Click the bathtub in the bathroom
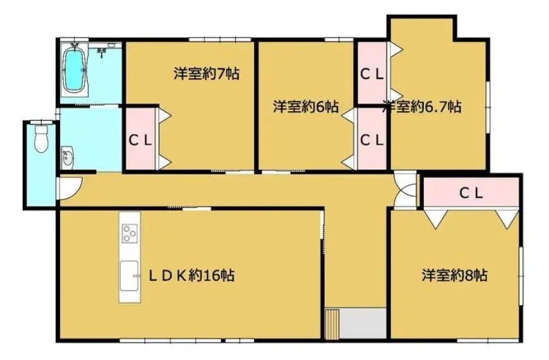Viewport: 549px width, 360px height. pyautogui.click(x=74, y=70)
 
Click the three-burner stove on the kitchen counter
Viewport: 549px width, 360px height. pyautogui.click(x=130, y=233)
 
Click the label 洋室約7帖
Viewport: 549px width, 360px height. pyautogui.click(x=207, y=74)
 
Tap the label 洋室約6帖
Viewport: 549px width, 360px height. pyautogui.click(x=306, y=107)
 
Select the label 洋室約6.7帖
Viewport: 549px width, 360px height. pyautogui.click(x=421, y=106)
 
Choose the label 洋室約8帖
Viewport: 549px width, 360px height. pyautogui.click(x=454, y=275)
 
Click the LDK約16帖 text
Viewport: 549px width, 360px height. pyautogui.click(x=191, y=275)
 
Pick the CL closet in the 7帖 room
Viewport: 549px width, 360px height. pyautogui.click(x=141, y=139)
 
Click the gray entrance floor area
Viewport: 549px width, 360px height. pyautogui.click(x=363, y=323)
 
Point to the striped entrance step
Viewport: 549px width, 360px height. pyautogui.click(x=332, y=324)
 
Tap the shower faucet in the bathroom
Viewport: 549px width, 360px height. pyautogui.click(x=102, y=52)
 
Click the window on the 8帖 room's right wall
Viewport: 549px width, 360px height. pyautogui.click(x=521, y=276)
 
